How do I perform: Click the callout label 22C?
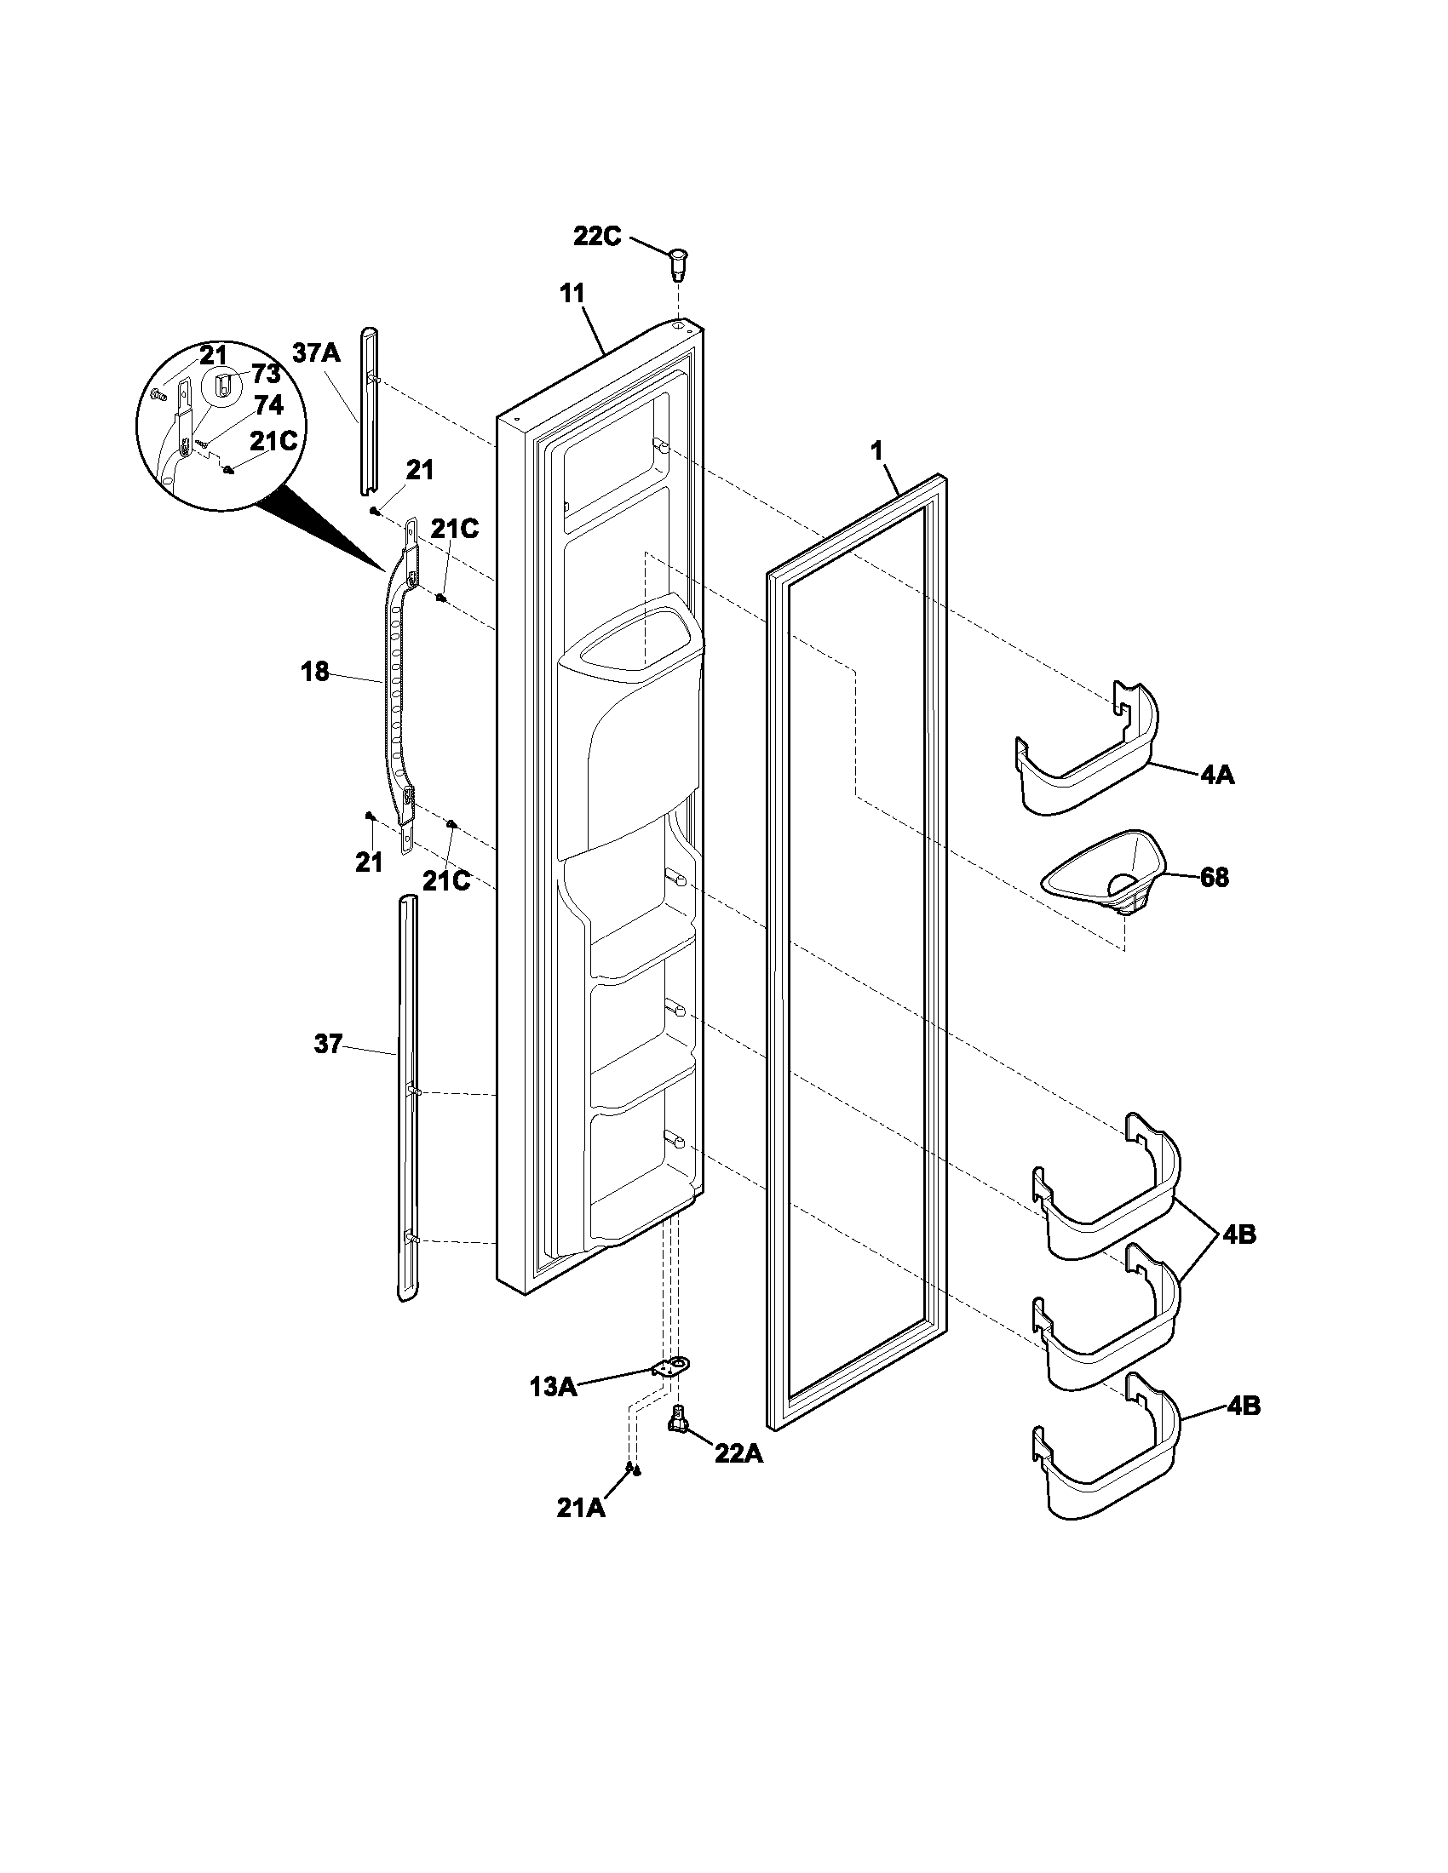(x=597, y=237)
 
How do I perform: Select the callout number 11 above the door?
(x=572, y=295)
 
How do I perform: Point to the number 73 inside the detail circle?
(x=267, y=375)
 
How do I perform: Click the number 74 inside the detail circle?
(x=267, y=405)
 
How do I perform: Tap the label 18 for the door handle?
(x=316, y=672)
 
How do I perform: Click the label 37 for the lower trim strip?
(x=329, y=1045)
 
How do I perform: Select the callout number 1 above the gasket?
(x=876, y=452)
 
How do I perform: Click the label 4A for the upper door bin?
(x=1216, y=775)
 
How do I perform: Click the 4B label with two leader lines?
(x=1240, y=1235)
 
